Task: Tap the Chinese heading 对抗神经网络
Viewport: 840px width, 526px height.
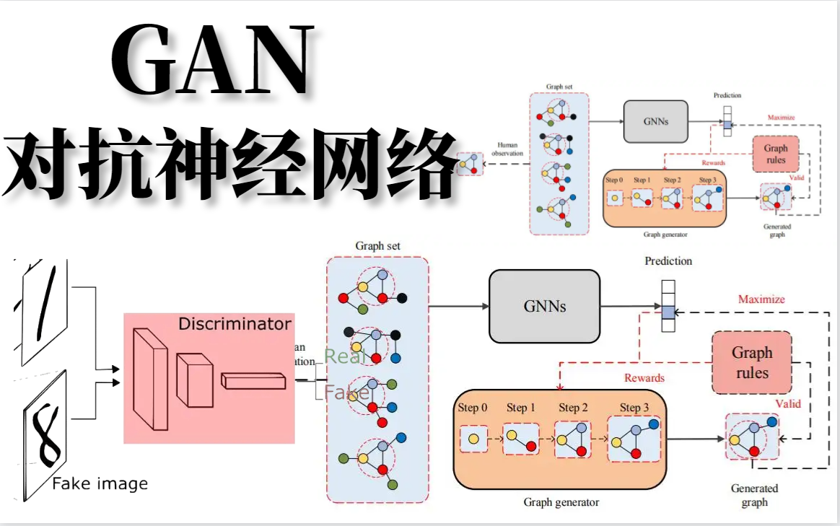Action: pyautogui.click(x=231, y=165)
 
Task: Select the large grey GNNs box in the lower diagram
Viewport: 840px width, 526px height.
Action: pyautogui.click(x=544, y=306)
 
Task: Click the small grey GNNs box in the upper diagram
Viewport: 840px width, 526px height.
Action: pyautogui.click(x=655, y=120)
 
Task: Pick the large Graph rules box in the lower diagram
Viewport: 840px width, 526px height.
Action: pyautogui.click(x=751, y=363)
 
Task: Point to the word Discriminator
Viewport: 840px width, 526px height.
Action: pyautogui.click(x=235, y=324)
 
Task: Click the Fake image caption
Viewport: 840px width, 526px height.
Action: pyautogui.click(x=100, y=483)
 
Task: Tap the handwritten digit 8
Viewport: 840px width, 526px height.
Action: pyautogui.click(x=49, y=435)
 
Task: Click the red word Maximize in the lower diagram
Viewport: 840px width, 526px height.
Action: pyautogui.click(x=761, y=299)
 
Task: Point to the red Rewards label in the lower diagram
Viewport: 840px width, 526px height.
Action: pyautogui.click(x=644, y=377)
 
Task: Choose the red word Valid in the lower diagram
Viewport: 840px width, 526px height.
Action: pyautogui.click(x=788, y=403)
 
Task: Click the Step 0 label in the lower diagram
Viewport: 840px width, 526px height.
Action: pyautogui.click(x=473, y=408)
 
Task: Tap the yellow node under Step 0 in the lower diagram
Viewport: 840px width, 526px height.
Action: pyautogui.click(x=473, y=439)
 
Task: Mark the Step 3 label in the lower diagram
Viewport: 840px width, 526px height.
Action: pyautogui.click(x=634, y=408)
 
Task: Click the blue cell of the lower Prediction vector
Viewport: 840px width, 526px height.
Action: pyautogui.click(x=668, y=312)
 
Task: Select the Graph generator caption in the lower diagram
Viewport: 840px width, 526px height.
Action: pyautogui.click(x=561, y=501)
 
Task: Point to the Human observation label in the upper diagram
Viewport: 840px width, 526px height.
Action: pyautogui.click(x=507, y=149)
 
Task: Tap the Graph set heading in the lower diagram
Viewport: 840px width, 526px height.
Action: pyautogui.click(x=377, y=246)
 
